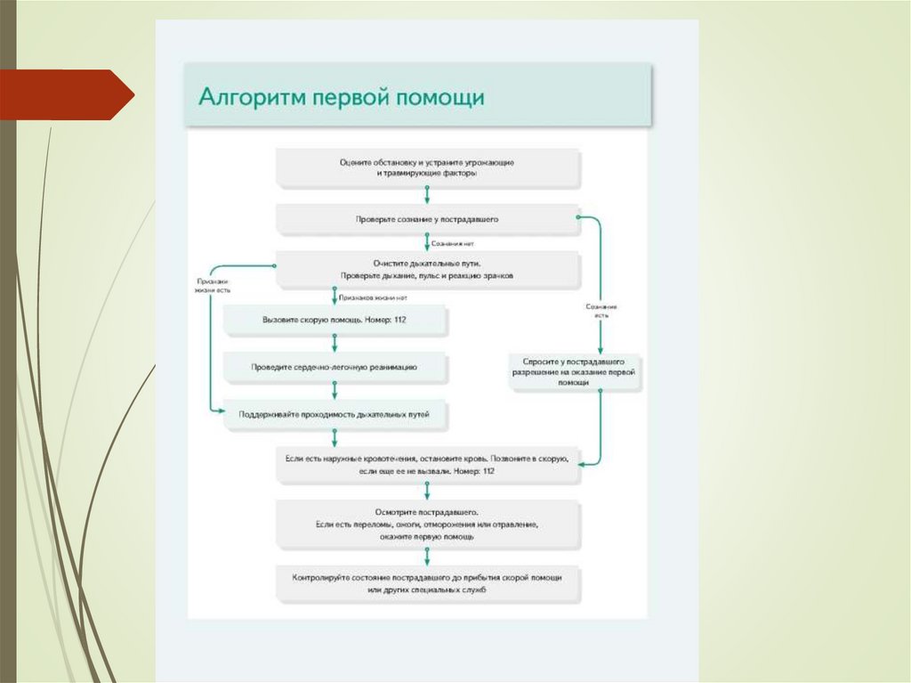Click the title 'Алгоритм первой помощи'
click(341, 96)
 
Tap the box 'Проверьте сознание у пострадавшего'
click(427, 218)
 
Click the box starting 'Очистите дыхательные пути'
click(427, 269)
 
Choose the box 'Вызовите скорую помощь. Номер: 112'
click(335, 319)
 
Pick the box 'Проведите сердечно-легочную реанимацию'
click(335, 366)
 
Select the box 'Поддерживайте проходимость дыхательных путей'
click(335, 414)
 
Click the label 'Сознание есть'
click(601, 310)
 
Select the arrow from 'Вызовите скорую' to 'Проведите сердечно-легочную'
click(335, 343)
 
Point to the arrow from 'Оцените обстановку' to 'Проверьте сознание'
click(427, 195)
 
